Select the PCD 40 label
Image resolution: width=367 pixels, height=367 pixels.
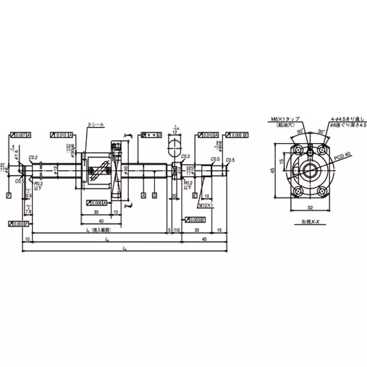pyautogui.click(x=342, y=156)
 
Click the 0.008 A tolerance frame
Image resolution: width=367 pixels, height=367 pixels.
pyautogui.click(x=97, y=202)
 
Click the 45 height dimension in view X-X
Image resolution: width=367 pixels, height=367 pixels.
pyautogui.click(x=272, y=171)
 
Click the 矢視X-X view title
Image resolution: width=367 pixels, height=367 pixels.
pyautogui.click(x=311, y=222)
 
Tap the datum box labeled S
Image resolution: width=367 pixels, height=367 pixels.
pyautogui.click(x=155, y=195)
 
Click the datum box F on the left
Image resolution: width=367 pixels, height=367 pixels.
pyautogui.click(x=9, y=195)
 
